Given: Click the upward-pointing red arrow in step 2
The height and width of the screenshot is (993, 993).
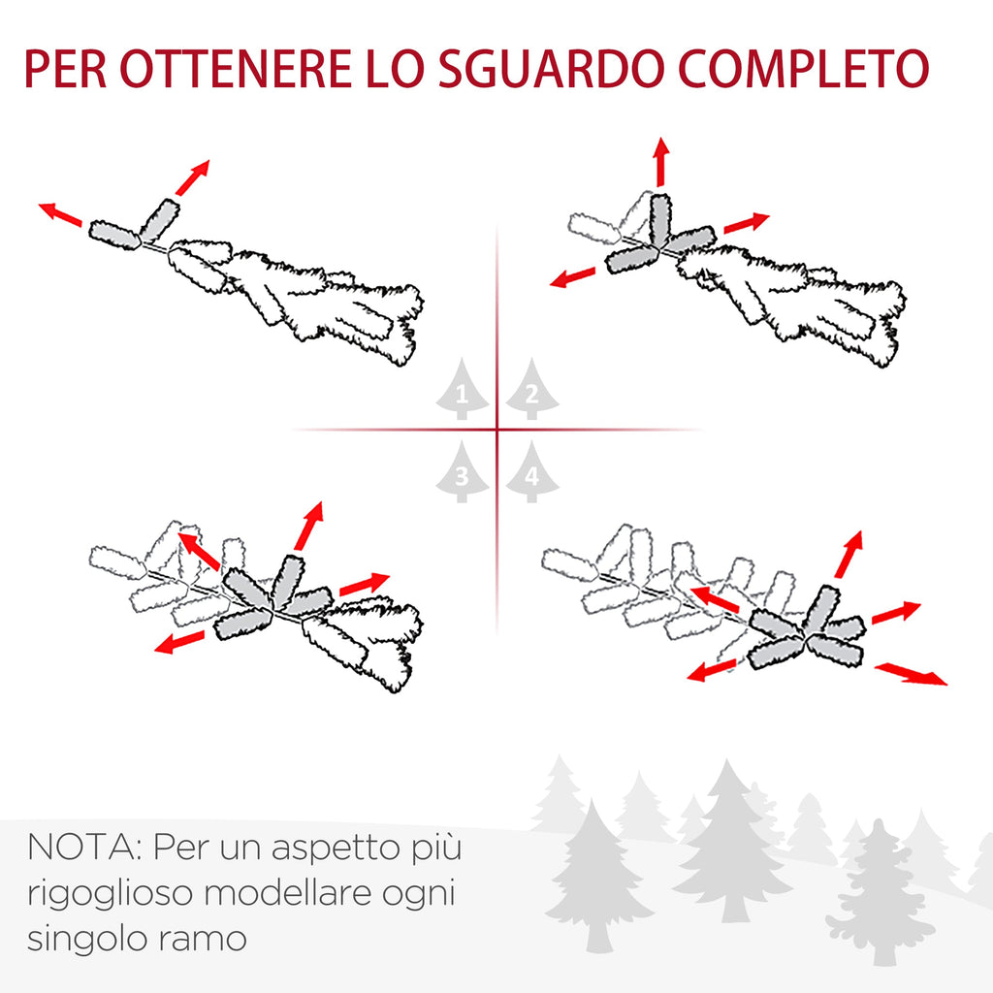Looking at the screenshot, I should tap(661, 161).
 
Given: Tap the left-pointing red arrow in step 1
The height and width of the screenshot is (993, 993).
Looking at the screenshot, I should tap(60, 214).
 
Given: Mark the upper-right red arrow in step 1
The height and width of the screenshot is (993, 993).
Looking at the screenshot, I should tap(192, 177).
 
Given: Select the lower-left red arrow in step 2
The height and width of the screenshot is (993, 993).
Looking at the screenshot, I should tap(572, 275).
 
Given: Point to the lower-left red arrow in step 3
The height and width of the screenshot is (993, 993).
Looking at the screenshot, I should tap(179, 642).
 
